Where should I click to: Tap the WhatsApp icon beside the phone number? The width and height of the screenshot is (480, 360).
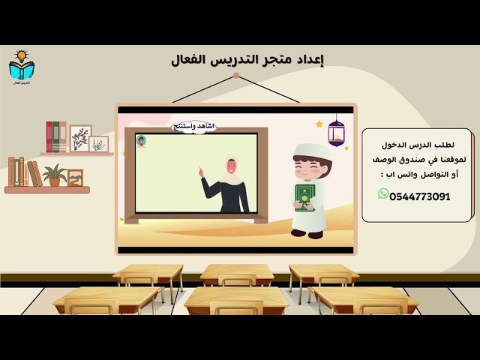click(383, 194)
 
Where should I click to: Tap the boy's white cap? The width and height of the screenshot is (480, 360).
click(311, 150)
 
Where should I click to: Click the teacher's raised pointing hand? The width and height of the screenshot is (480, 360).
click(201, 173)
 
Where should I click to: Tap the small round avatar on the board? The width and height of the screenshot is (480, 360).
click(141, 140)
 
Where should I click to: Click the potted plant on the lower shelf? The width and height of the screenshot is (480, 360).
click(54, 175)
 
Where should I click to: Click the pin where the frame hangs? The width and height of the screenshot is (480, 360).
click(235, 76)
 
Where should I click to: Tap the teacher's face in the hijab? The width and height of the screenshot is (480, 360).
click(231, 166)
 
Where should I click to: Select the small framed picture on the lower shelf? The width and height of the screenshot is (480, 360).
click(75, 178)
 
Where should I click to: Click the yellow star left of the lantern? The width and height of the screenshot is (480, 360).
click(319, 124)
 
